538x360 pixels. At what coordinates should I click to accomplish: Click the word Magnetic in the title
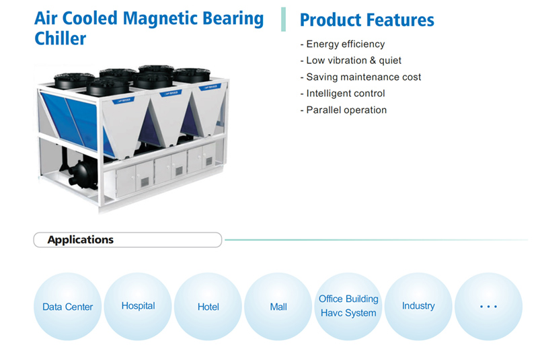point(160,19)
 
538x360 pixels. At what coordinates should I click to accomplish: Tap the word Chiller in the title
point(61,38)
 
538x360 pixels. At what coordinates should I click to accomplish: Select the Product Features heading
point(367,20)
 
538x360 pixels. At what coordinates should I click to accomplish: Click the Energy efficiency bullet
point(342,44)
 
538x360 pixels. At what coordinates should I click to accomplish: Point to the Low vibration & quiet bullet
point(350,61)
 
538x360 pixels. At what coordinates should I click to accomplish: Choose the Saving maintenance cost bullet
point(360,77)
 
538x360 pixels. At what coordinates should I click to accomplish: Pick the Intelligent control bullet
point(342,94)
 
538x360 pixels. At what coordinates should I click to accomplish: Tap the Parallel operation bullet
point(344,110)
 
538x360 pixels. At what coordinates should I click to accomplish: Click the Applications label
point(80,240)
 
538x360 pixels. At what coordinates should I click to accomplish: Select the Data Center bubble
point(68,306)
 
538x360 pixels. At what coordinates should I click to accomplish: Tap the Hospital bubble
point(138,306)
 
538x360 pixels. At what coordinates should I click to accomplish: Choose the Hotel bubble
point(208,306)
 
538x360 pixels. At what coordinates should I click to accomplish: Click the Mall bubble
point(278,306)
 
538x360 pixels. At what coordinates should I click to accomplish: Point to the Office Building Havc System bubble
point(348,306)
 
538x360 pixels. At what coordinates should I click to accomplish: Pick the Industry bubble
point(418,306)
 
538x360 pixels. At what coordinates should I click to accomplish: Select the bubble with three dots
point(489,306)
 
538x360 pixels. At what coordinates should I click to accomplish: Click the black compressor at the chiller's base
point(81,174)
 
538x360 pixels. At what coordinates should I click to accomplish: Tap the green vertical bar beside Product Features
point(283,20)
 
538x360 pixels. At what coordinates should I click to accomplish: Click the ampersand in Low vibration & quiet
point(373,61)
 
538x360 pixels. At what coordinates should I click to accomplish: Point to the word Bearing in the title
point(233,20)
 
